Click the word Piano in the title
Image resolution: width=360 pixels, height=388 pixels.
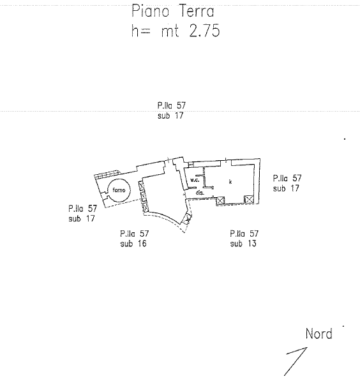point(150,11)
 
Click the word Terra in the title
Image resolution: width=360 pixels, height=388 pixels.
point(196,11)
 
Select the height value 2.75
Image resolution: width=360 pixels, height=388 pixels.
point(204,31)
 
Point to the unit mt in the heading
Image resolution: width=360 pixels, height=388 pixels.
point(170,31)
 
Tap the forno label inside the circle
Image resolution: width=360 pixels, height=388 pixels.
point(119,190)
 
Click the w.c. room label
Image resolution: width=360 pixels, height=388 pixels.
point(195,180)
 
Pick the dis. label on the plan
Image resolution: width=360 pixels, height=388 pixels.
point(200,192)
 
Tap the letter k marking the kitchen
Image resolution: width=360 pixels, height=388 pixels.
point(230,182)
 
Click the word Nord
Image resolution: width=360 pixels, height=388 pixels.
point(319,334)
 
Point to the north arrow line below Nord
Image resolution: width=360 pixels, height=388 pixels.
point(296,362)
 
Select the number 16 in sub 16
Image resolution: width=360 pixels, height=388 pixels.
point(142,244)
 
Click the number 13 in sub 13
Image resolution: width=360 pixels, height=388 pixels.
point(251,244)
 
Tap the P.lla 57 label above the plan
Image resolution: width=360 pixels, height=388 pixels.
point(172,105)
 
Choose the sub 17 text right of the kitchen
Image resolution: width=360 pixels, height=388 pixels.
point(286,188)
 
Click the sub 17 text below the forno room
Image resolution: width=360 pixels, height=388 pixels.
point(82,218)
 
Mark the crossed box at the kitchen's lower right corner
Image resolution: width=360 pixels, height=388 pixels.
point(249,200)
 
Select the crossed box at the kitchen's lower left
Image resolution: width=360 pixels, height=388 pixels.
point(220,200)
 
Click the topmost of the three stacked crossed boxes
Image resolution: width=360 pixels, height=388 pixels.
point(141,186)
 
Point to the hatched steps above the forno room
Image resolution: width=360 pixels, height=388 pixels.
point(108,174)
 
